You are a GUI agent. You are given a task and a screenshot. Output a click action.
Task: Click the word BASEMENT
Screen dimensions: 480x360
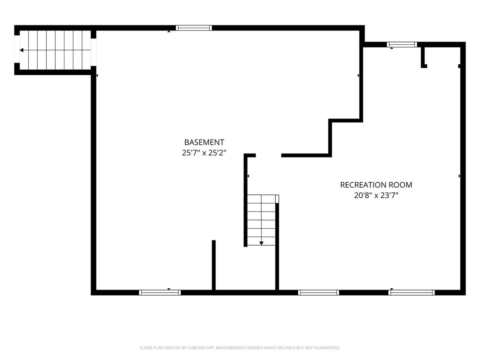point(204,142)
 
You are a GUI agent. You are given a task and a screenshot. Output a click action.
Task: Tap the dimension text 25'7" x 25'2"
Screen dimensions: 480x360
point(204,152)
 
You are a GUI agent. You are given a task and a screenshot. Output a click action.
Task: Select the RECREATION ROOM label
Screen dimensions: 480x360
point(376,185)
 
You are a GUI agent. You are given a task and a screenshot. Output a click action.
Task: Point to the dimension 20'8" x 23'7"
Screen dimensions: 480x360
point(376,195)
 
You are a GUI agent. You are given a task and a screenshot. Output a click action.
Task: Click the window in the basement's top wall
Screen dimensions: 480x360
point(194,28)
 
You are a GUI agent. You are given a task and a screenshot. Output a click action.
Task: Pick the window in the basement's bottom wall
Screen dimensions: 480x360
point(160,293)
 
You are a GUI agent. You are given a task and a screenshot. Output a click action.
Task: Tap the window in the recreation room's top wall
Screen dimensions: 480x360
point(402,44)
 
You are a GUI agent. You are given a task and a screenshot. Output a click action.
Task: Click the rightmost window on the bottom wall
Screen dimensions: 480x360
point(412,293)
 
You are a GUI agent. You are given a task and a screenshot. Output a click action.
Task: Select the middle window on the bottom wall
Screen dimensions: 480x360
point(318,293)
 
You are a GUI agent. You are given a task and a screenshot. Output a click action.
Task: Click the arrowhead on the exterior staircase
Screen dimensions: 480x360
point(22,50)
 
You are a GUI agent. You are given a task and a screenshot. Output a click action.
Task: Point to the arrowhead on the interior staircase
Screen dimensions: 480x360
point(261,243)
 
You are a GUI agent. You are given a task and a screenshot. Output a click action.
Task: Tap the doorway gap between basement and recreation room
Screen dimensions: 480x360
point(268,156)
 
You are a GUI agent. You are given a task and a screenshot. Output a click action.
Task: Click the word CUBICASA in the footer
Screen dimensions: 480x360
point(196,348)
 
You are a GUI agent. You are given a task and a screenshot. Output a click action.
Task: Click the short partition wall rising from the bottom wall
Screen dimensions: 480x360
point(214,265)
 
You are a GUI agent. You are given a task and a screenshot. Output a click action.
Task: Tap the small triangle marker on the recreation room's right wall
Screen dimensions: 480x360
point(460,176)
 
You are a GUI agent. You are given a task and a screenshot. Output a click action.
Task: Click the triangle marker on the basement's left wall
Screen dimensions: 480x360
point(97,76)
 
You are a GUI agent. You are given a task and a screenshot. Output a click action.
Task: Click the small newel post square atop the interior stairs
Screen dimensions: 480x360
point(277,199)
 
